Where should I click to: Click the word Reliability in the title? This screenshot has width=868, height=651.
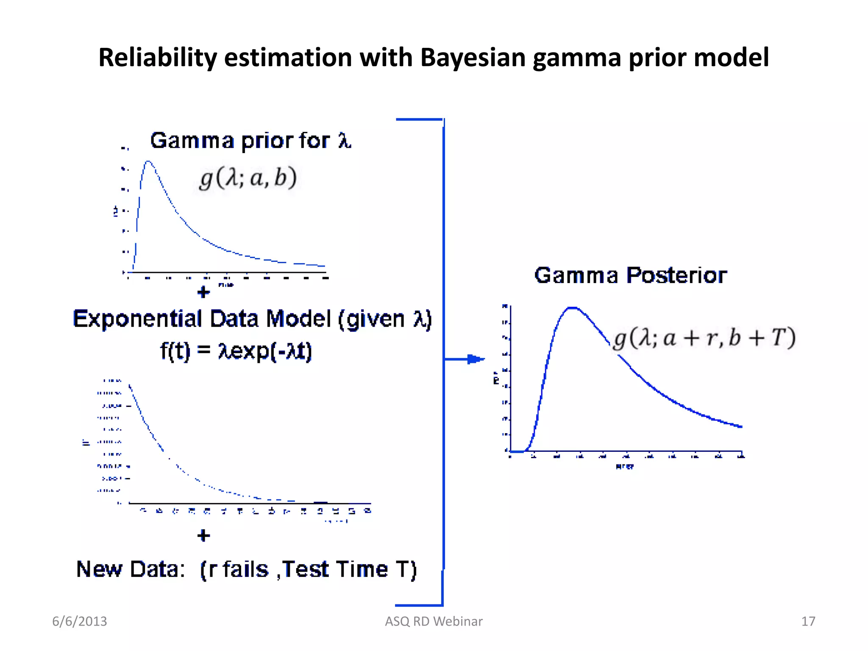point(157,57)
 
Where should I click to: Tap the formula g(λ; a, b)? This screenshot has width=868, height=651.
point(248,178)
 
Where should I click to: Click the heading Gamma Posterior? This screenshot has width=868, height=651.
point(630,275)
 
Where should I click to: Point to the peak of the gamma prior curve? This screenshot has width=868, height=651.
point(148,161)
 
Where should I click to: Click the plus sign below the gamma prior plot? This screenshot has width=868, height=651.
point(203,292)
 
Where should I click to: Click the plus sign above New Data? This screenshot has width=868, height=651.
point(203,535)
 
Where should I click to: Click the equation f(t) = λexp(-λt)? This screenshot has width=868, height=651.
point(236,351)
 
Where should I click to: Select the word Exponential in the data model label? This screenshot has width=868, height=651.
point(137,319)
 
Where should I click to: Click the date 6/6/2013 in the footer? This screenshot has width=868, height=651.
point(79,621)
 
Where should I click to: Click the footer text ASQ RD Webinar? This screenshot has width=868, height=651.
point(434,621)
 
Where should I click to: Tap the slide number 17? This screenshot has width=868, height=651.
point(808,621)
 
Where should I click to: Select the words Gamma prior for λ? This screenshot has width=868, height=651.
point(250,140)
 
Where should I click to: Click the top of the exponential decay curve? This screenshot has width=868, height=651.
point(130,386)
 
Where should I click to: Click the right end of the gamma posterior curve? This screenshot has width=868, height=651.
point(740,426)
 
